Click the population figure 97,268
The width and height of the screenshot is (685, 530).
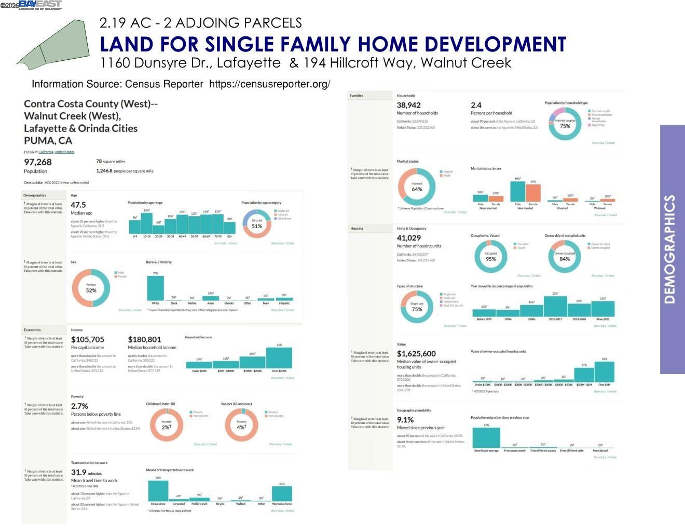38,162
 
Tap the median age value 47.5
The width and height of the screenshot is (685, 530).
78,205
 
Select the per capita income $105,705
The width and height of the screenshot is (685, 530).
88,339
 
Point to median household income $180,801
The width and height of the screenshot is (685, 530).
144,339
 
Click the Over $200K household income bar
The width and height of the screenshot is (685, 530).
279,358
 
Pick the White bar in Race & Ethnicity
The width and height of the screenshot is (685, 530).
156,288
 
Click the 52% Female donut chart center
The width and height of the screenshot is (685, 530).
91,288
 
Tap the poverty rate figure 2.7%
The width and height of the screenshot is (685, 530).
79,406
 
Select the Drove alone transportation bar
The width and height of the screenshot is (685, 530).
158,491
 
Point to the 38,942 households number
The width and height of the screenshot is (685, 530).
409,105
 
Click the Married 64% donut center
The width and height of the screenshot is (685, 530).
417,187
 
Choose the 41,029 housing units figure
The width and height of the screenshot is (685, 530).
409,238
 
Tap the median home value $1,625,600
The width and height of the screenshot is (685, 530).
416,353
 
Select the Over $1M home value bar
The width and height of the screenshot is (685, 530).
605,372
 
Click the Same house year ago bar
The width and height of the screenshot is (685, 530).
486,438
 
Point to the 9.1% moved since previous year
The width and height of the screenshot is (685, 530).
405,420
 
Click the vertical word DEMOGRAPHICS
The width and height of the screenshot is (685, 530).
670,249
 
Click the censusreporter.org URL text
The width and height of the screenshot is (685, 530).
269,84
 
